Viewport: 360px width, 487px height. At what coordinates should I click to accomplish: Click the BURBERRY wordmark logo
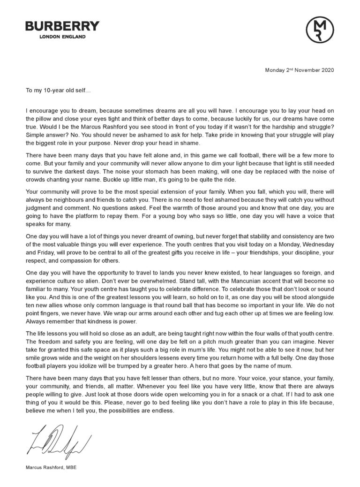click(x=62, y=26)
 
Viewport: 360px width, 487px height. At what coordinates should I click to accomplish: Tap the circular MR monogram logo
click(x=320, y=29)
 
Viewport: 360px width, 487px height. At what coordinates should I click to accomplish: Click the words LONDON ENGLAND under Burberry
click(x=62, y=37)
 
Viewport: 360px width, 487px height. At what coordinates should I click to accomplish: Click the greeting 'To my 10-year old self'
click(x=58, y=88)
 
